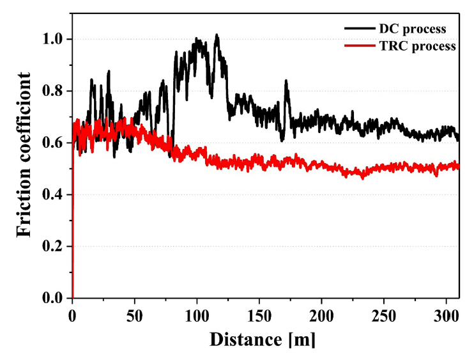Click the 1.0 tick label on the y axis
click(54, 39)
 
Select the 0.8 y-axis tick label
click(54, 91)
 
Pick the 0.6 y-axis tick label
click(54, 143)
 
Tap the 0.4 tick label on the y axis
click(54, 194)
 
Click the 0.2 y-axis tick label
click(54, 246)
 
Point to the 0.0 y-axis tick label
click(54, 298)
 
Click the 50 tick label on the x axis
click(134, 314)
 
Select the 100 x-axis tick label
click(197, 314)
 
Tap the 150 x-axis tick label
click(259, 314)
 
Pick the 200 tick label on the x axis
click(321, 314)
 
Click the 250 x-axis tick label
click(383, 314)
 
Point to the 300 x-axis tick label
click(446, 314)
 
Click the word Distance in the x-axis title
click(249, 338)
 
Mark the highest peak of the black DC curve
click(217, 35)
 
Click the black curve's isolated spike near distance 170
click(286, 81)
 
